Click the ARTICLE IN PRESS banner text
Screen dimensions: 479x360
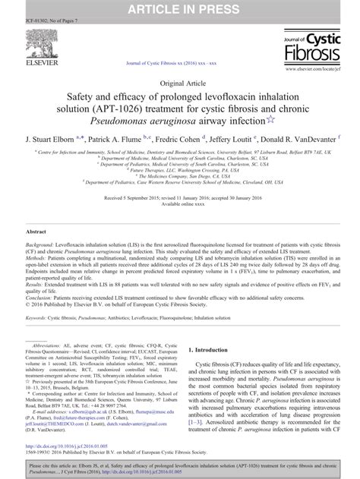[179, 8]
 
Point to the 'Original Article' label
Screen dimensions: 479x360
[180, 81]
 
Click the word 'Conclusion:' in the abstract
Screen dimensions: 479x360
[43, 305]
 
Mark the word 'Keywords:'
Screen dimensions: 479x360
[39, 326]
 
